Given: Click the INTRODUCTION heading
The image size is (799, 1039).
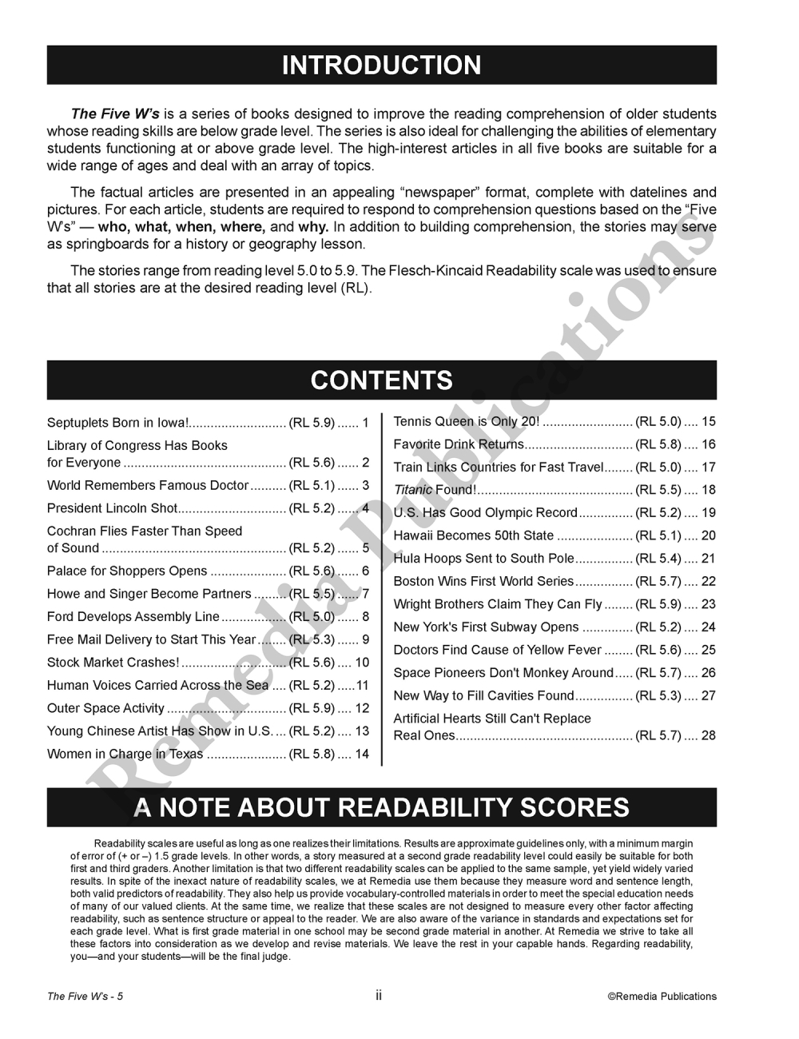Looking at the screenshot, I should [x=381, y=65].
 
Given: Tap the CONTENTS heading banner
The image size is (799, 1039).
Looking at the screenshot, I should [x=381, y=380].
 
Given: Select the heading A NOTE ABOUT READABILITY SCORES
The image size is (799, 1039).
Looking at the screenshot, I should [x=381, y=807].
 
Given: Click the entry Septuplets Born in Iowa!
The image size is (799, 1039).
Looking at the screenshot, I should [x=117, y=423].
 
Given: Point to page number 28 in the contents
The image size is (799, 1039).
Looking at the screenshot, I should [x=708, y=735].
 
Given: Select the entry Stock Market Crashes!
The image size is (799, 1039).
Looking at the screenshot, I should [x=113, y=663].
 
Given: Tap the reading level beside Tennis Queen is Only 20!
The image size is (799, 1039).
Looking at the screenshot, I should [x=658, y=421].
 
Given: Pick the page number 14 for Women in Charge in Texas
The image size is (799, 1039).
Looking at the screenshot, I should [x=362, y=754].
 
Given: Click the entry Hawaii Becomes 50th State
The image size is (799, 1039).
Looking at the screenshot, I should [x=473, y=535].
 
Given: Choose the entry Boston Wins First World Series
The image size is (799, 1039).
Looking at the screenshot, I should [x=483, y=581].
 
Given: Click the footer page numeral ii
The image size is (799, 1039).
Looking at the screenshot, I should [x=379, y=995].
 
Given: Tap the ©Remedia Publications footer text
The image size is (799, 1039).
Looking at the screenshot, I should [x=662, y=996].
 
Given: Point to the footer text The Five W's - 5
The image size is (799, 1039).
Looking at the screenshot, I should [x=85, y=996].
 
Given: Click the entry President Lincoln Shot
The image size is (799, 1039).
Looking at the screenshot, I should [x=112, y=508].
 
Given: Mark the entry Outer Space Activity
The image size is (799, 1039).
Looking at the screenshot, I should [x=105, y=708].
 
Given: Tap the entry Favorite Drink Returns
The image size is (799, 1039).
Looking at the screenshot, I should [x=459, y=444].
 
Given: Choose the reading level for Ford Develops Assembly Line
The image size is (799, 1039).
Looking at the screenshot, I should [x=312, y=617].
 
